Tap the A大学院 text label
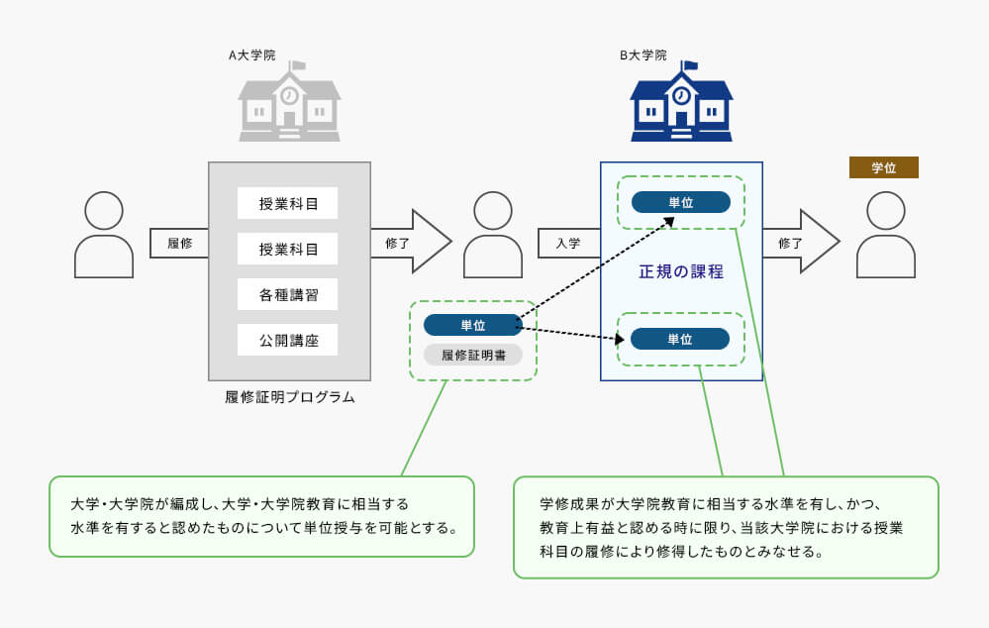pos(251,55)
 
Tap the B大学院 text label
pos(643,55)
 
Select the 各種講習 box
pos(288,295)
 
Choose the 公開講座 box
pos(288,340)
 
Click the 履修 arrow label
pos(180,243)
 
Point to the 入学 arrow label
pos(568,243)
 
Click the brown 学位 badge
pos(884,167)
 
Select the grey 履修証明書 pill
pos(473,356)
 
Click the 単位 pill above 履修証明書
pos(473,325)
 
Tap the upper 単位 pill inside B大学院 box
pos(681,203)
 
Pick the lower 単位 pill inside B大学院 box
pos(680,339)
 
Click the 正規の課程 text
pos(681,272)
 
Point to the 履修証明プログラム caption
pos(289,397)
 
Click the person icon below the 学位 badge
pos(886,235)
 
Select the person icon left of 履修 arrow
pos(104,235)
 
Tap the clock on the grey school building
pos(289,96)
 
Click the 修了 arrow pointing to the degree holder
pos(801,242)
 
